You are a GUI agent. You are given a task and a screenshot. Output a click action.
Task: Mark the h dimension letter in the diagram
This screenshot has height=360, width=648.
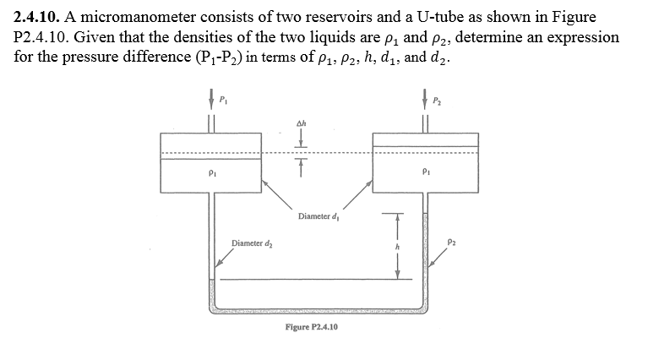click(390, 247)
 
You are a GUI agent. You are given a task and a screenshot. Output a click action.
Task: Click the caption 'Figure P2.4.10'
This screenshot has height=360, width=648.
click(311, 325)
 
